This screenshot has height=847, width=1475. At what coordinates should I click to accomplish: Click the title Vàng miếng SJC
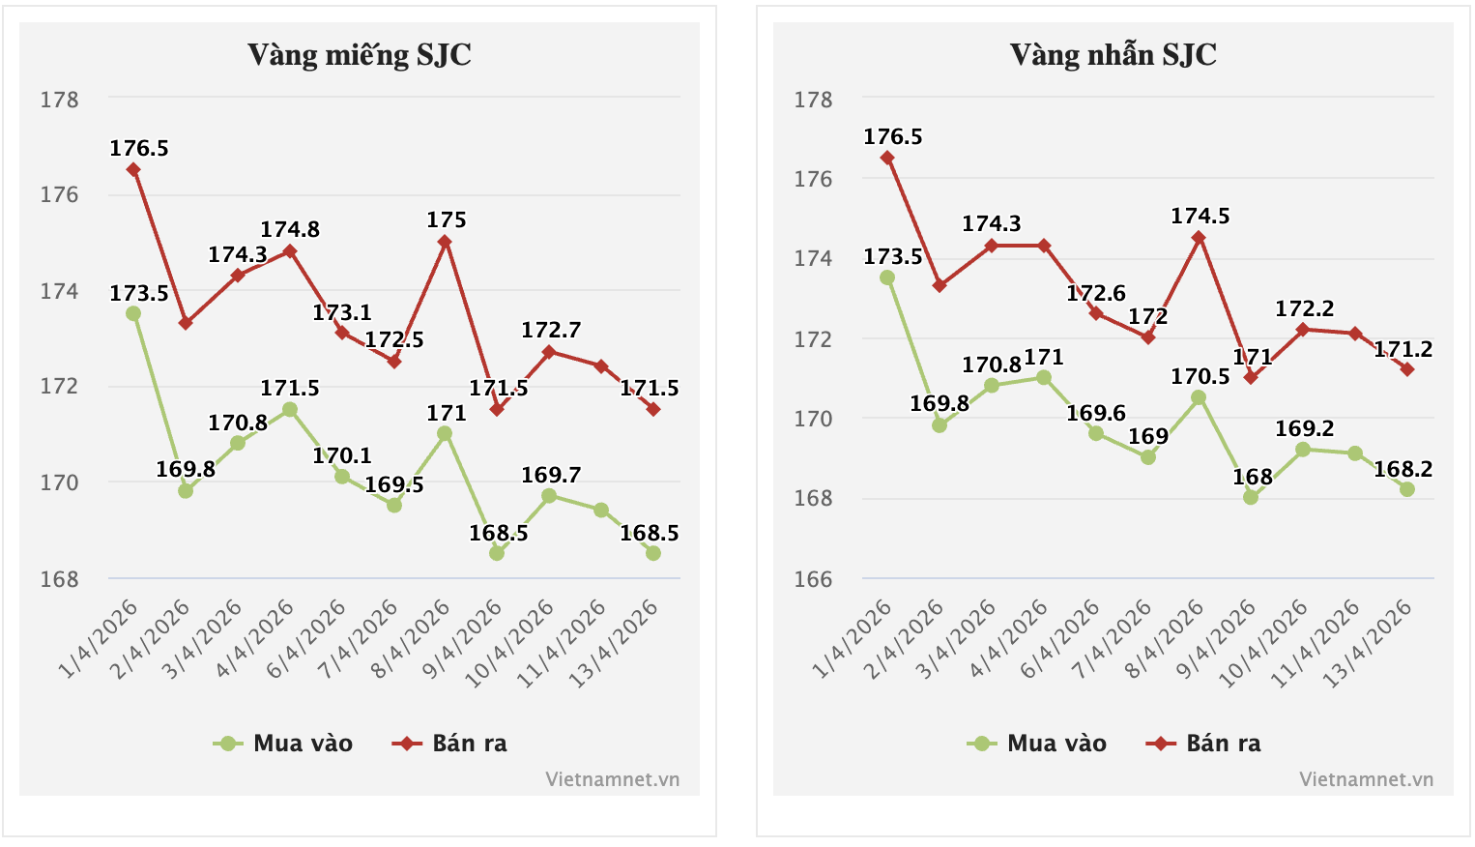point(359,55)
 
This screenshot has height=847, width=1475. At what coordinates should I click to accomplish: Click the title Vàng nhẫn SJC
point(1113,55)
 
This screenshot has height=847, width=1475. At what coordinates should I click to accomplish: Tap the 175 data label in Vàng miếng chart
point(447,220)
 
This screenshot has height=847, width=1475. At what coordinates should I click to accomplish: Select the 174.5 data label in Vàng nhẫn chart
point(1200,217)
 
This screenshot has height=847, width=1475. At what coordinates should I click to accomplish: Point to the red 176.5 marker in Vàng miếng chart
point(133,170)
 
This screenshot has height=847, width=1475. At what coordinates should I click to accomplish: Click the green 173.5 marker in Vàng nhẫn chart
point(887,277)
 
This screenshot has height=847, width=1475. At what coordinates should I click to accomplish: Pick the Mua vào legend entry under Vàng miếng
point(284,744)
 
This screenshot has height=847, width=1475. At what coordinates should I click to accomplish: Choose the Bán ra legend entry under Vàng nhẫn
point(1204,744)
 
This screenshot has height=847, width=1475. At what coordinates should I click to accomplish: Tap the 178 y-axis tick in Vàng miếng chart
point(59,100)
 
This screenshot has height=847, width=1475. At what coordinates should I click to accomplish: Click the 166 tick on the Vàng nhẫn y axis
point(813,579)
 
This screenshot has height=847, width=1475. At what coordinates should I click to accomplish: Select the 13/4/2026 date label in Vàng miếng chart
point(615,644)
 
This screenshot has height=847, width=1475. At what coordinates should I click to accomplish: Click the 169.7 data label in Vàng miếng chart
point(551,476)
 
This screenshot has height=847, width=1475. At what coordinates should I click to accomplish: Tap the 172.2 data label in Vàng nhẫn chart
point(1305,309)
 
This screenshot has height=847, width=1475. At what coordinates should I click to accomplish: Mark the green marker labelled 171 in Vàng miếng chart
point(445,434)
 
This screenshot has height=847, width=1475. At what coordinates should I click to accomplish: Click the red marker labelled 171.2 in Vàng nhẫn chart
point(1407,369)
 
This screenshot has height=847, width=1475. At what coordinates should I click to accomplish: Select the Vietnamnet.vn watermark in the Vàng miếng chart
point(612,779)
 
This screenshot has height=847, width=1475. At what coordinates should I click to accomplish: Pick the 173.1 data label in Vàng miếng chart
point(342,313)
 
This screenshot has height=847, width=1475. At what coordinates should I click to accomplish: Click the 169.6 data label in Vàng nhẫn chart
point(1096,414)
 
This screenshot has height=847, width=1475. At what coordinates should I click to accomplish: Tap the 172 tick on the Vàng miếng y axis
point(59,387)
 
